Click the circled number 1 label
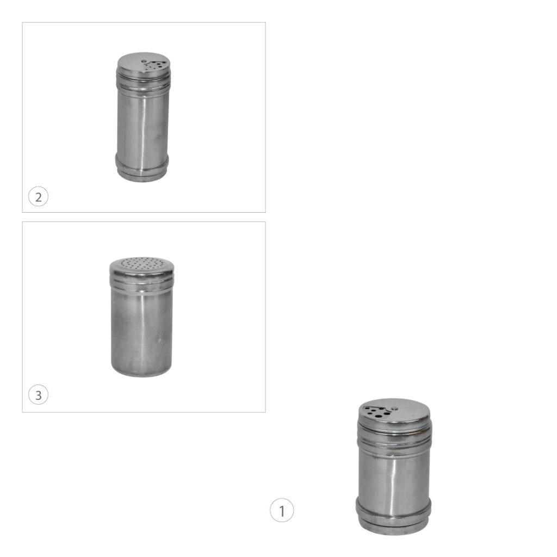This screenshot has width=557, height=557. tap(282, 510)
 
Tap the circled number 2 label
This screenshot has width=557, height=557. tap(39, 196)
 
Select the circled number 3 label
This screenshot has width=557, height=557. tap(39, 395)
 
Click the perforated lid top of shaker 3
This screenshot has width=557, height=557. tap(142, 263)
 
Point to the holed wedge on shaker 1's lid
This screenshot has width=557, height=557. tap(376, 411)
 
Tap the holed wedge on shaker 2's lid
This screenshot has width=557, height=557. tap(156, 65)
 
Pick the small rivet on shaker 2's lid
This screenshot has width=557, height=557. tap(144, 61)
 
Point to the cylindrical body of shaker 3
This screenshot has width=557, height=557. tap(141, 327)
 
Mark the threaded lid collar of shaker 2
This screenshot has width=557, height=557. tap(143, 80)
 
